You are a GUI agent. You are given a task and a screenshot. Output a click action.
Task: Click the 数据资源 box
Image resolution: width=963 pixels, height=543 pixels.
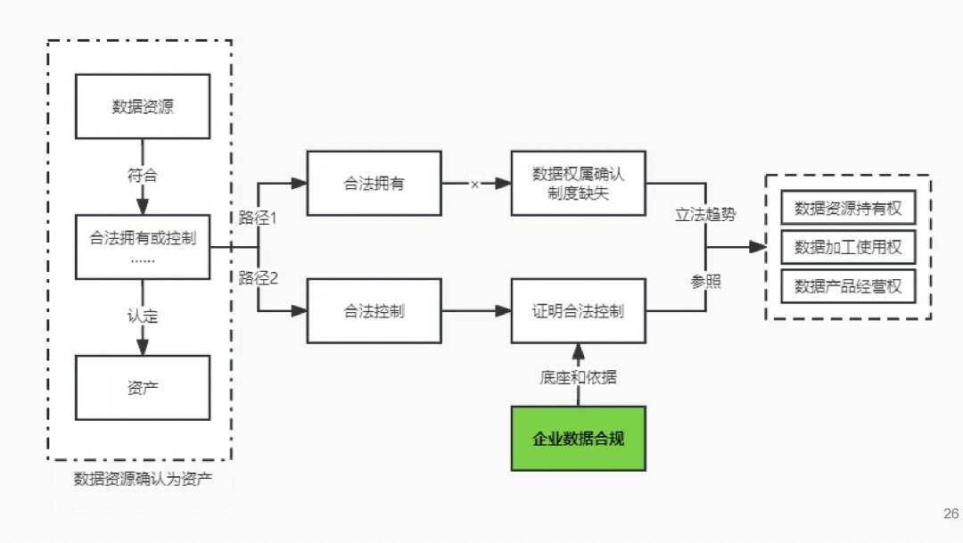tap(143, 106)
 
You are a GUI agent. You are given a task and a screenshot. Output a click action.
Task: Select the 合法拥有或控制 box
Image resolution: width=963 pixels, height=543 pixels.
tap(143, 246)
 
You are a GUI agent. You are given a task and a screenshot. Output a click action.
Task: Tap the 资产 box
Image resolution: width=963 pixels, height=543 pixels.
tap(143, 387)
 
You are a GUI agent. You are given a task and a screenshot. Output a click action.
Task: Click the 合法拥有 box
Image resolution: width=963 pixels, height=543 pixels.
tap(374, 183)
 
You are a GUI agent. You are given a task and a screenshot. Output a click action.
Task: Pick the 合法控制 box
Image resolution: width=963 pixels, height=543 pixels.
tap(374, 311)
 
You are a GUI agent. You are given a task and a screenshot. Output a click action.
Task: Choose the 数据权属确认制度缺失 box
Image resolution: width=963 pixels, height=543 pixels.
tap(578, 183)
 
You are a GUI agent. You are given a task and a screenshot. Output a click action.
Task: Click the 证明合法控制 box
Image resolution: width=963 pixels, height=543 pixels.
tap(578, 311)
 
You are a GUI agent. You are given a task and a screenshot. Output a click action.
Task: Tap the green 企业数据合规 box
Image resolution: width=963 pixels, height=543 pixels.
tap(578, 438)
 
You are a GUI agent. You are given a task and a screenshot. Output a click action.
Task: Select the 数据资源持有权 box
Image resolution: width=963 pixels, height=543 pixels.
tap(848, 208)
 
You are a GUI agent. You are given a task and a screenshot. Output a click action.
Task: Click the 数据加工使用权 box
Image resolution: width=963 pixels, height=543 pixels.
tap(848, 247)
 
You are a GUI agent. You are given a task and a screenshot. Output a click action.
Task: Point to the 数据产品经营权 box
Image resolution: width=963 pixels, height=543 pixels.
tap(848, 286)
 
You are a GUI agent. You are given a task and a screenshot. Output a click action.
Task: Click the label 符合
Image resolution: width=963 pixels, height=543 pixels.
tap(143, 176)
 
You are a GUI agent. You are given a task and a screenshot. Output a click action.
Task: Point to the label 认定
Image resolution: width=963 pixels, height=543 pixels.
tap(143, 316)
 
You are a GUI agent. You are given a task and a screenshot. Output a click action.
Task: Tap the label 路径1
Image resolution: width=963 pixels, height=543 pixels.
tap(259, 217)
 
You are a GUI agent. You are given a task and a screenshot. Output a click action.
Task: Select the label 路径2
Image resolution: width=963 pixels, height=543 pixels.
tap(259, 277)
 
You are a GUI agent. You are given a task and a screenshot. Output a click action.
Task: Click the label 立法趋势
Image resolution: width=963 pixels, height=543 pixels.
tap(706, 215)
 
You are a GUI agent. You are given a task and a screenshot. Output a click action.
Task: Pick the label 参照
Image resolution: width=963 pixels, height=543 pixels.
tap(705, 282)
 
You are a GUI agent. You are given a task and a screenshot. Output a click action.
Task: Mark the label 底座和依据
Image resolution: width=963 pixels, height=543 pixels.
tap(578, 377)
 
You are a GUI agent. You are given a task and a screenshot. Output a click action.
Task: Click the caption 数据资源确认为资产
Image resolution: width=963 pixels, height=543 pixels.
tap(143, 479)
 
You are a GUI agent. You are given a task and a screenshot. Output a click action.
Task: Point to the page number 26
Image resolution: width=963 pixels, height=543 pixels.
tap(951, 514)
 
